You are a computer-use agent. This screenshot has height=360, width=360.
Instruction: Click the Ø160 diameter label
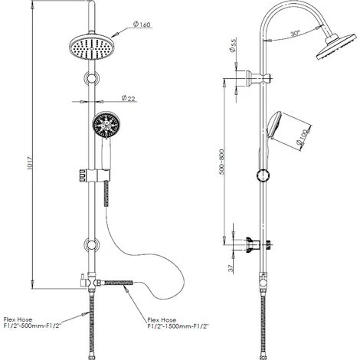click(142, 25)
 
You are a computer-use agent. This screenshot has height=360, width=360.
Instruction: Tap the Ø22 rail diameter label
click(128, 98)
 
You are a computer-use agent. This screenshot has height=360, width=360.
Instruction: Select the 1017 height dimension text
click(30, 163)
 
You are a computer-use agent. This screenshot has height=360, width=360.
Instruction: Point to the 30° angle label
click(295, 34)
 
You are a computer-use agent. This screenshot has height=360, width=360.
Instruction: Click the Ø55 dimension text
click(233, 45)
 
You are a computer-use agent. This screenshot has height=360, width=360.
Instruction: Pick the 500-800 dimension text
click(222, 162)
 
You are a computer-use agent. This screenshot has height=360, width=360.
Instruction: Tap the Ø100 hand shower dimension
click(303, 136)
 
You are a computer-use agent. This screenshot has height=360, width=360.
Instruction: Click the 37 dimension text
click(231, 269)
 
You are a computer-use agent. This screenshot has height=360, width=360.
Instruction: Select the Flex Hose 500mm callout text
click(32, 322)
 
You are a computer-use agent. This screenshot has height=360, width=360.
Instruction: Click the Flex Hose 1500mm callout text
click(178, 323)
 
